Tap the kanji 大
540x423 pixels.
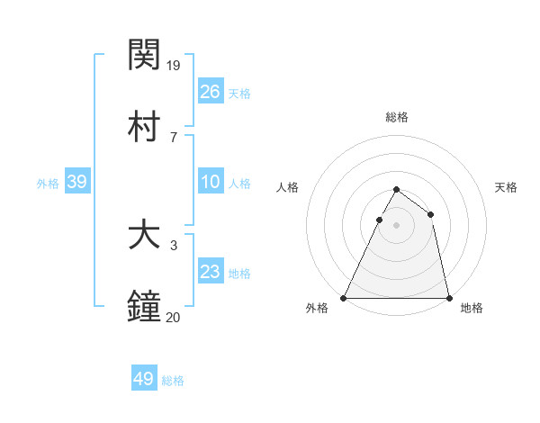point(144,236)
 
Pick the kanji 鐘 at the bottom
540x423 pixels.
point(144,307)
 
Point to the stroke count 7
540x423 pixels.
point(174,137)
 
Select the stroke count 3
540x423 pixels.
point(174,245)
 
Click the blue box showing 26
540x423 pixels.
point(211,91)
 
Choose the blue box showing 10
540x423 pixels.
point(211,182)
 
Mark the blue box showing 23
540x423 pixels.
point(211,272)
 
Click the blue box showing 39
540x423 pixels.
point(76,182)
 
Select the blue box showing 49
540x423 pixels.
point(144,379)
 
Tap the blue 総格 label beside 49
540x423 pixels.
point(173,381)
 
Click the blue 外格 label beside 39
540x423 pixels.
point(48,184)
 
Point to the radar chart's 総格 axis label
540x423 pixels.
point(396,117)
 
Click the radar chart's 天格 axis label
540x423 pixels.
point(506,187)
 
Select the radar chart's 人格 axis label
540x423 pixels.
point(287,187)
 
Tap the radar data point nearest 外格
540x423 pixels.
point(344,297)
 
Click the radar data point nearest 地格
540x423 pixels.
point(448,297)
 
